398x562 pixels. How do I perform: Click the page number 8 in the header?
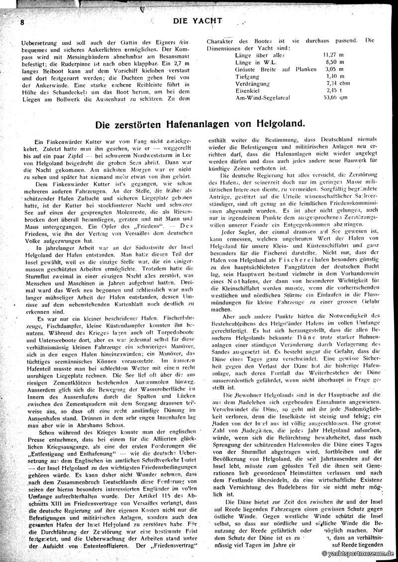pos(23,22)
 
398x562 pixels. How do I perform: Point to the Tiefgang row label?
pos(247,76)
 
